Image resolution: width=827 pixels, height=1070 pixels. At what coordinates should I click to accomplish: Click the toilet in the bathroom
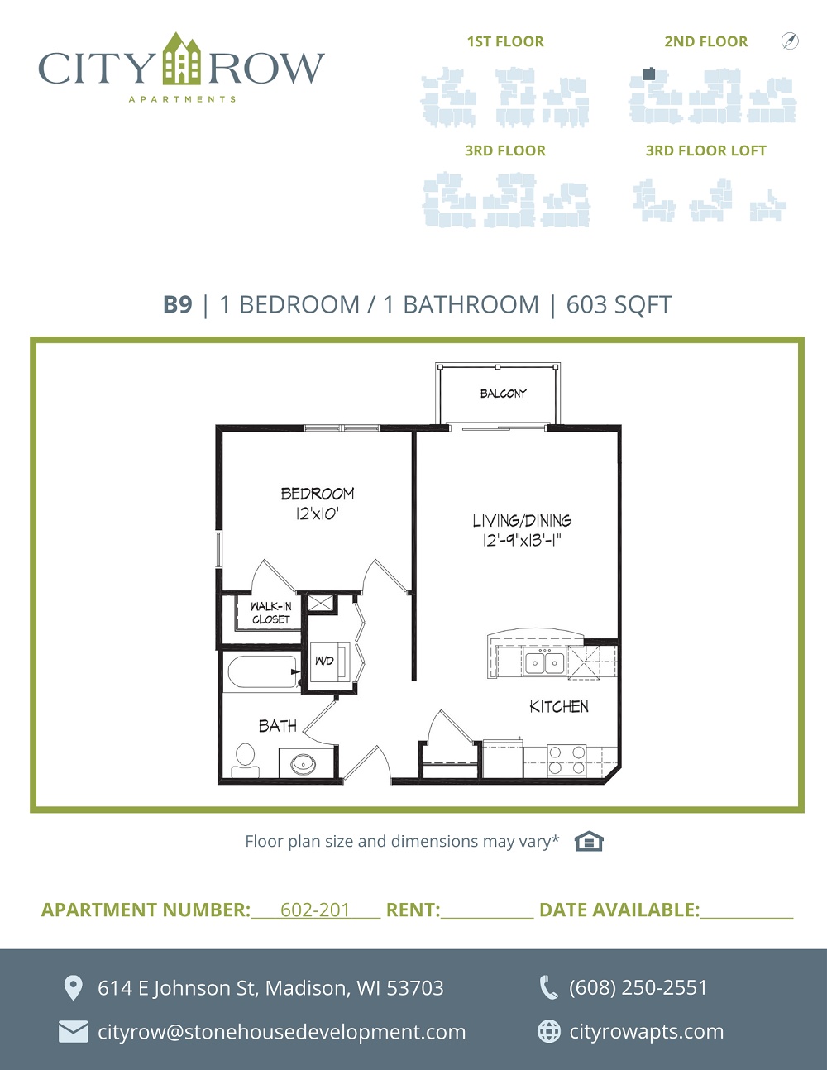click(246, 760)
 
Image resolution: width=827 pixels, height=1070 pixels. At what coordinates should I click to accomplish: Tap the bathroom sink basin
click(304, 764)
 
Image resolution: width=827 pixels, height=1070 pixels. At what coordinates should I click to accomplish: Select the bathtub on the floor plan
click(262, 672)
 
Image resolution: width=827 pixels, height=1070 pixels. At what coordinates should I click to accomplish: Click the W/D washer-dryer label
click(324, 661)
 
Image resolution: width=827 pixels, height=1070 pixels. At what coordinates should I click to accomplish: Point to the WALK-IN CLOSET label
click(270, 613)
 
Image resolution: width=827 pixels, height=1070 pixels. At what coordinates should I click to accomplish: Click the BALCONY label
click(503, 394)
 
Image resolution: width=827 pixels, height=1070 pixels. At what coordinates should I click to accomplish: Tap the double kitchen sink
click(544, 662)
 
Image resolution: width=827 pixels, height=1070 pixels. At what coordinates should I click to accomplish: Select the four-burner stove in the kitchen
click(567, 760)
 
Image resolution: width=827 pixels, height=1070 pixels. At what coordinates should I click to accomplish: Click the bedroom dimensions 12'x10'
click(317, 514)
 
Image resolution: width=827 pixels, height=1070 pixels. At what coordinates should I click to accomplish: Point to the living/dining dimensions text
click(522, 541)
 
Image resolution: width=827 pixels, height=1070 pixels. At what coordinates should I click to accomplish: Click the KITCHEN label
click(559, 707)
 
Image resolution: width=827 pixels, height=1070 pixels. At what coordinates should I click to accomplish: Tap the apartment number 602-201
click(315, 910)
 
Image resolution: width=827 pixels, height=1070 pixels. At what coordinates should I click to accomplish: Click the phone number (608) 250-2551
click(638, 987)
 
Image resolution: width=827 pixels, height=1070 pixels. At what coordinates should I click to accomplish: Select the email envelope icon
click(74, 1032)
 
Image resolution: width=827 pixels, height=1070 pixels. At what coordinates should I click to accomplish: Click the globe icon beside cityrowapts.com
click(549, 1031)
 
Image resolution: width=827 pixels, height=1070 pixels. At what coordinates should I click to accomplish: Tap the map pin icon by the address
click(74, 988)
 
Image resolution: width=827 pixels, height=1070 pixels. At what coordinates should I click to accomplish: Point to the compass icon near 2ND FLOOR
click(790, 41)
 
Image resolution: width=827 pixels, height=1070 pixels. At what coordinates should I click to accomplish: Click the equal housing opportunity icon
click(589, 841)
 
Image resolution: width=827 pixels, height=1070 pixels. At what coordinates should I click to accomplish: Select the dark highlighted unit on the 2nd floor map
click(649, 74)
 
